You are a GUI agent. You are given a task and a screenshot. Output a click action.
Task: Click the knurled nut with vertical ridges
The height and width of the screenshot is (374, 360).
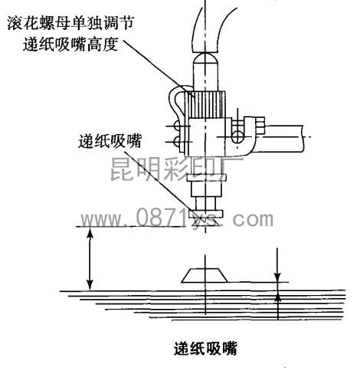click(x=206, y=104)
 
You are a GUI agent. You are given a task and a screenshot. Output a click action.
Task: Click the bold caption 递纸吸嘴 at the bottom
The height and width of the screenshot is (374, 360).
click(x=205, y=348)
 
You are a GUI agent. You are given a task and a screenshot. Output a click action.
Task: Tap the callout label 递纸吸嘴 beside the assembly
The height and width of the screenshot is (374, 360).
click(x=110, y=141)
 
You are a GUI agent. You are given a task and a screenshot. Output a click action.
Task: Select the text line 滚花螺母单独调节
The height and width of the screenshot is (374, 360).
click(x=70, y=23)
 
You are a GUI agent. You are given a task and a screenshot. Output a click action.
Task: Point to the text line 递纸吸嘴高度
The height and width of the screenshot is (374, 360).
click(x=70, y=44)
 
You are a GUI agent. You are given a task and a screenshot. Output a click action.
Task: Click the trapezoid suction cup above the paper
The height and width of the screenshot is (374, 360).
click(x=205, y=275)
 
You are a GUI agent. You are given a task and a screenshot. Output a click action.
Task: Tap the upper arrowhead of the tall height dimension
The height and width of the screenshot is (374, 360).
click(x=90, y=232)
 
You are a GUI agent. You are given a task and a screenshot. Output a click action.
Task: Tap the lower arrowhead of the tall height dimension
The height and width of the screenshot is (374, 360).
click(x=90, y=285)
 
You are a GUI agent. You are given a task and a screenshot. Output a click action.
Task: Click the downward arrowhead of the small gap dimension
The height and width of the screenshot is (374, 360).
click(x=277, y=277)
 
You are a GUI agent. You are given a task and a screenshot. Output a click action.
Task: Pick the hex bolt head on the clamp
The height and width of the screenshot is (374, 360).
click(x=260, y=126)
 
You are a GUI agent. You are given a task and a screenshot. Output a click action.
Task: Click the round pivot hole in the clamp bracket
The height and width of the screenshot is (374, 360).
click(x=237, y=136)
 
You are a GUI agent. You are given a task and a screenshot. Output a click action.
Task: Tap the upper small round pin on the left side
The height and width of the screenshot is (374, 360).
click(x=177, y=126)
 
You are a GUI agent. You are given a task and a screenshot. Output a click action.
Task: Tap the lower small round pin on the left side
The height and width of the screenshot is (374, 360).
click(x=177, y=141)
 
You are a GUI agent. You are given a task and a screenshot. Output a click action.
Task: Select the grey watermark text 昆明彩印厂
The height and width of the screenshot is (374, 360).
click(x=176, y=169)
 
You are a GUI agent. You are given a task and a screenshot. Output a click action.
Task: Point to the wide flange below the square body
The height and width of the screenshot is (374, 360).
click(x=207, y=178)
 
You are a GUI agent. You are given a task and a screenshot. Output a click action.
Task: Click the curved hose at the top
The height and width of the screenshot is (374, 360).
click(x=205, y=30)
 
